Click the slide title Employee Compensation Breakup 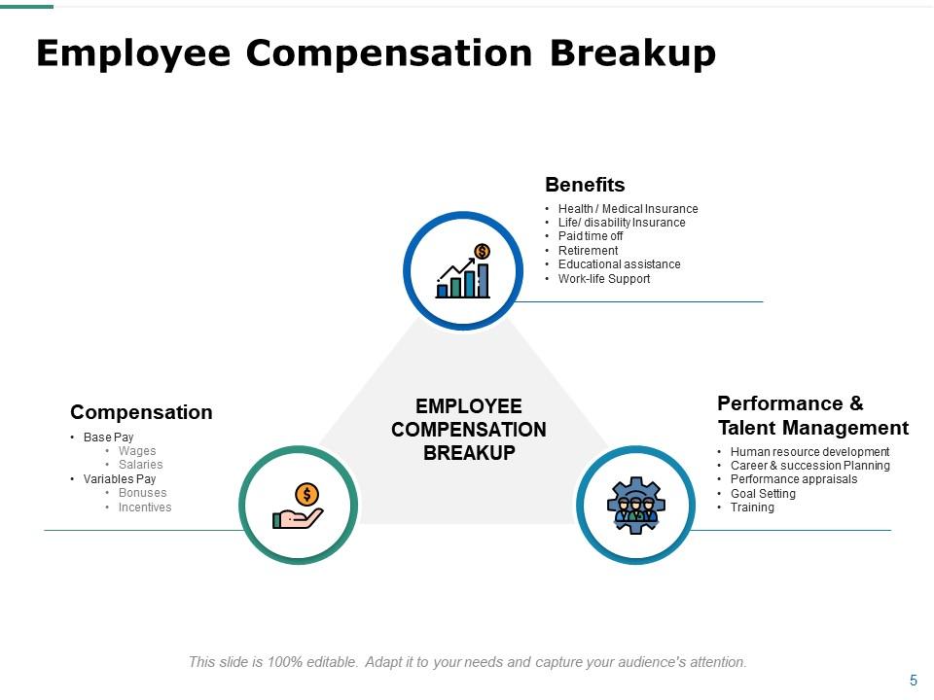[376, 53]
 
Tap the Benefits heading [585, 185]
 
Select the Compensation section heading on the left [141, 412]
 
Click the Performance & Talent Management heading [812, 416]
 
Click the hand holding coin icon [299, 507]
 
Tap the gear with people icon [635, 504]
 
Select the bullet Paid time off [591, 236]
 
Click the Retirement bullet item [588, 251]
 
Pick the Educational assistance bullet [619, 264]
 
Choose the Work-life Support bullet [604, 279]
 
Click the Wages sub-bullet [137, 451]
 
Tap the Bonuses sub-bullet [142, 493]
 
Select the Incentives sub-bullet [145, 507]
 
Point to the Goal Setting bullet [763, 494]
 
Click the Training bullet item [752, 507]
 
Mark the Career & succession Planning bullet [809, 466]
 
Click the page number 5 [913, 681]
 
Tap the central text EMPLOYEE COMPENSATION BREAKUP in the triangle [469, 430]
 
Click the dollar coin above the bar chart [482, 252]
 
